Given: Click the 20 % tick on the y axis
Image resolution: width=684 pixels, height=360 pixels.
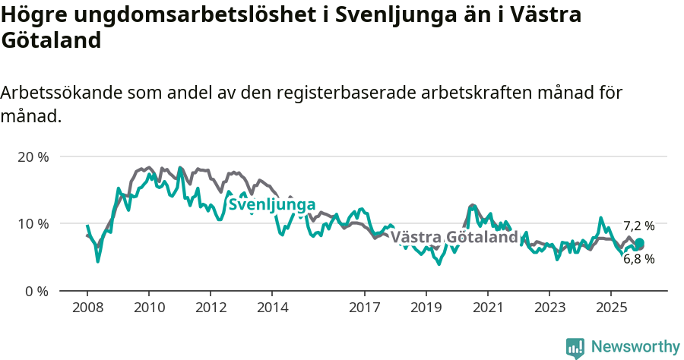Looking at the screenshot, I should coord(33,157).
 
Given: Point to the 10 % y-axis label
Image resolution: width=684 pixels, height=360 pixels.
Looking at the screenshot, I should coord(33,224).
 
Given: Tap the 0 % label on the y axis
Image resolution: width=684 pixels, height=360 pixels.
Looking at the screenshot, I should coord(36,291).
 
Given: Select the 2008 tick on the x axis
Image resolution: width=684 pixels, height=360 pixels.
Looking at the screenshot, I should coord(87,308).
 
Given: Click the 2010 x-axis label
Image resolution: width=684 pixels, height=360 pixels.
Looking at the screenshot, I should coord(149,308).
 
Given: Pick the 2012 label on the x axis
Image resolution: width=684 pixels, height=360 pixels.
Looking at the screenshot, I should coord(211,308).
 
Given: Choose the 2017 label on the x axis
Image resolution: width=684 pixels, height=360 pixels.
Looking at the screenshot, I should coord(365,308).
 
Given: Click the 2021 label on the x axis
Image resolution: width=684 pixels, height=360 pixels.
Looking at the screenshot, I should coord(488,308).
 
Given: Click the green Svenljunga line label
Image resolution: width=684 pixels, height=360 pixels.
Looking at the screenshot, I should coord(271,205).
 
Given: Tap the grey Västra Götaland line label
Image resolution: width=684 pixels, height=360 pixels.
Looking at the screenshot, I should coord(454,238).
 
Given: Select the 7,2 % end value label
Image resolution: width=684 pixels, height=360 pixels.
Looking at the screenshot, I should coord(638,226).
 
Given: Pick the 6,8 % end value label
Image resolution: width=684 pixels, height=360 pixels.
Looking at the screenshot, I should coord(638,259).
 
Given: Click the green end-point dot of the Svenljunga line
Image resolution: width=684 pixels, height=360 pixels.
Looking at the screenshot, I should coord(639,243).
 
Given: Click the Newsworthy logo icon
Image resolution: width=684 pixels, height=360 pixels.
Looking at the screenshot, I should coord(575,347).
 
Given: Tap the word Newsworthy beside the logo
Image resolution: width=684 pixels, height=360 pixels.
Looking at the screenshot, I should coord(635,347).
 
